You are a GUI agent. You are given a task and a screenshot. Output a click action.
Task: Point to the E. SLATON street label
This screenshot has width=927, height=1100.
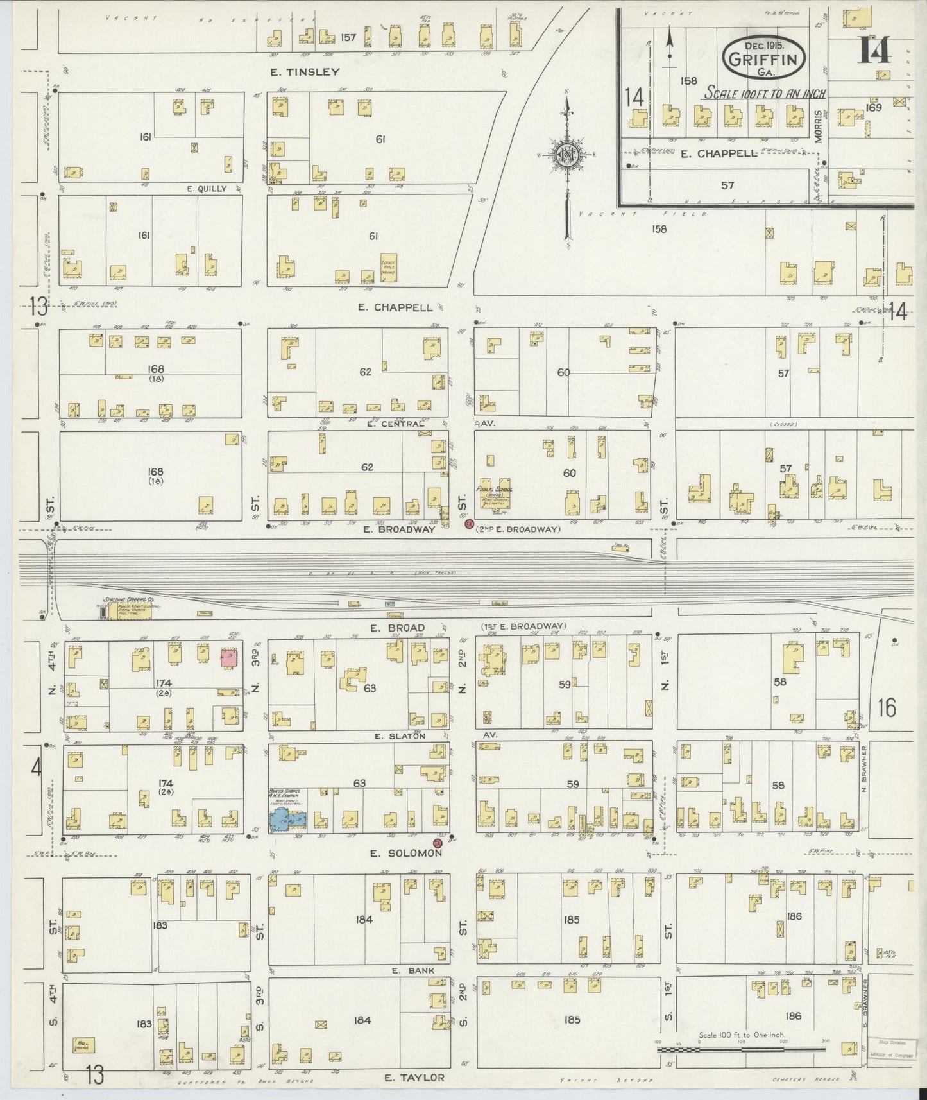tap(400, 736)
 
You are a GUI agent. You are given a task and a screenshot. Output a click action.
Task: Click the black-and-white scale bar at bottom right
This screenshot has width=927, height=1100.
tap(741, 1049)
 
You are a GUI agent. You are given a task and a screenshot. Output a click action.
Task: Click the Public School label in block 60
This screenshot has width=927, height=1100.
tap(491, 488)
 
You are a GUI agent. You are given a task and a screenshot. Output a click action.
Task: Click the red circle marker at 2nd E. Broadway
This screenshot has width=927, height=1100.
tap(469, 525)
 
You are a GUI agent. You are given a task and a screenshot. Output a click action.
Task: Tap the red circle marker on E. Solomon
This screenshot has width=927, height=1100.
tap(438, 843)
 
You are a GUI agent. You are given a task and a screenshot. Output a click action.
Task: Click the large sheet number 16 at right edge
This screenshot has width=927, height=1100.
tap(887, 708)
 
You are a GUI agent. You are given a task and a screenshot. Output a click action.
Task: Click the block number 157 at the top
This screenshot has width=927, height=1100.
tap(348, 38)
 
